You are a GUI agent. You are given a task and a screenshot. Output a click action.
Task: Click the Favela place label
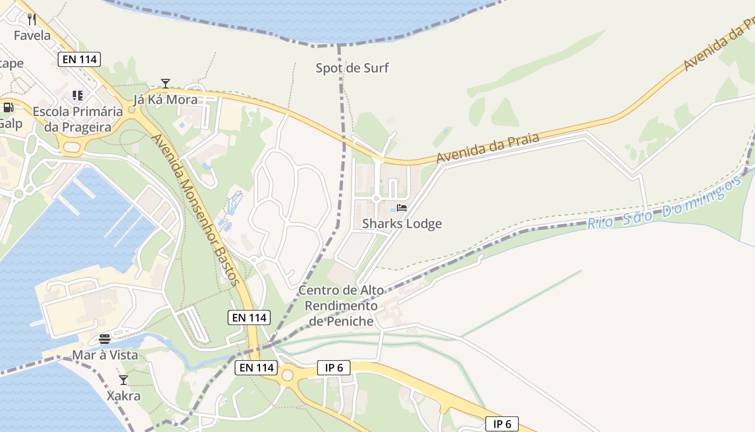(32, 36)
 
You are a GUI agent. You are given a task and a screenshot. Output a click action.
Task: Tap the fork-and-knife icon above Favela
(32, 19)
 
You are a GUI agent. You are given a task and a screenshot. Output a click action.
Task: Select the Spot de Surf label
(352, 68)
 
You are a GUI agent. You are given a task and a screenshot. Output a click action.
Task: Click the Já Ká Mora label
(166, 100)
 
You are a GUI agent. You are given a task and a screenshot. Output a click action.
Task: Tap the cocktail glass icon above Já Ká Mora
(166, 83)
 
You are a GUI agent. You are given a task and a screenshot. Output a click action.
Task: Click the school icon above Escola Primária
(78, 96)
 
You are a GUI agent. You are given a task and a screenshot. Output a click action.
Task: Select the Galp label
(11, 124)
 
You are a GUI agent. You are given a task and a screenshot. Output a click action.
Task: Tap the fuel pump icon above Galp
(8, 107)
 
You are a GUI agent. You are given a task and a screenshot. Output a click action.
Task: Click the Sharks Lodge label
(402, 224)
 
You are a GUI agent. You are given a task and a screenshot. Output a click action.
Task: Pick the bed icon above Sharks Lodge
(402, 208)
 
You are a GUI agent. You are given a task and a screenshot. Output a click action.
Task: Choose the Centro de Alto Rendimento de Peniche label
(341, 306)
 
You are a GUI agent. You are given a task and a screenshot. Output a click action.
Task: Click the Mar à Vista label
(105, 355)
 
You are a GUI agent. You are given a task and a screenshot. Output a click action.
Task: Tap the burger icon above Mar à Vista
(105, 339)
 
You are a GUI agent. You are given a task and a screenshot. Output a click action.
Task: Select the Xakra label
(123, 396)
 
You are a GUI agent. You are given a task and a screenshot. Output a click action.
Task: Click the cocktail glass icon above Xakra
(123, 380)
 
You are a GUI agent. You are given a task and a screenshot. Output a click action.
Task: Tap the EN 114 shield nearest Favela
(80, 59)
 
